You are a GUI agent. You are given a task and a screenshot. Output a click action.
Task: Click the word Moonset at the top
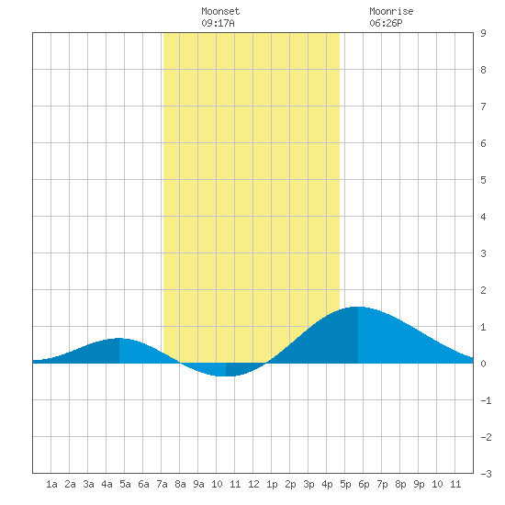220,11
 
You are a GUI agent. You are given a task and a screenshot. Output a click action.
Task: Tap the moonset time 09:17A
218,23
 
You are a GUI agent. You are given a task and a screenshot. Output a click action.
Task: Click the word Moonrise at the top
391,11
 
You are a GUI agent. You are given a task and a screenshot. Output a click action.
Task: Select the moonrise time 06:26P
386,23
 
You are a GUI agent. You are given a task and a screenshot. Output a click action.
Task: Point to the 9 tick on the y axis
483,33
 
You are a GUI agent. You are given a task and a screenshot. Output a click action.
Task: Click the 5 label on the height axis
483,180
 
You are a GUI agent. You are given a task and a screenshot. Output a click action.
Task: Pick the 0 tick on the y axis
483,364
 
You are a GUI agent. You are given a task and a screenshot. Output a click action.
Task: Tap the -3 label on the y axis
486,474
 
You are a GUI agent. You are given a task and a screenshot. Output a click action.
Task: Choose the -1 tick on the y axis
486,400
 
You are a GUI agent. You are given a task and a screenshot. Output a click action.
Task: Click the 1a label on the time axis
51,484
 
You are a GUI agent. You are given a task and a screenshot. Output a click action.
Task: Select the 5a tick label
125,484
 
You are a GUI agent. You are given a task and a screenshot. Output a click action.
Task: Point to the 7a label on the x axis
162,484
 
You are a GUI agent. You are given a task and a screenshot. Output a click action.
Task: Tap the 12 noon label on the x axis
253,484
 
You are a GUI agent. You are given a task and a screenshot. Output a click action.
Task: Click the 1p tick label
272,484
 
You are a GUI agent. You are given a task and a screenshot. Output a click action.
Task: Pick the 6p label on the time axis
364,484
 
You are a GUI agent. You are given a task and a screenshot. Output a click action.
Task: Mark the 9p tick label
419,484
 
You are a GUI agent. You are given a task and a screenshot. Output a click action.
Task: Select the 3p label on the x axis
309,484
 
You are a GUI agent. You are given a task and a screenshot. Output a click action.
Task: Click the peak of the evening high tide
358,307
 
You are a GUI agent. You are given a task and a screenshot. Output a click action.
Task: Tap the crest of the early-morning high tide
119,338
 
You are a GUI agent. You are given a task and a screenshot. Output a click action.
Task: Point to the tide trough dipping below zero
226,376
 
